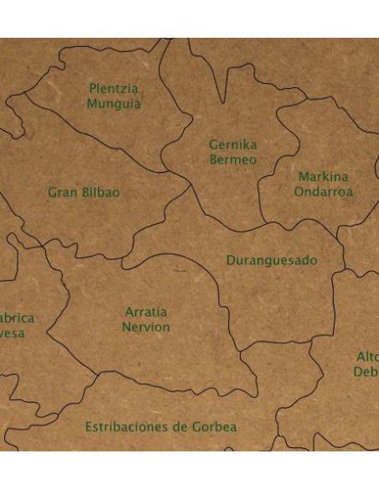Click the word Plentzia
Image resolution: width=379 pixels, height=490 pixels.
click(x=114, y=89)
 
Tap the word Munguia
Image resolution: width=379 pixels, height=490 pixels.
click(x=114, y=104)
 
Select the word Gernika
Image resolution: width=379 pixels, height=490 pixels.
click(x=233, y=145)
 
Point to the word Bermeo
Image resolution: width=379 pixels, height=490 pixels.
click(x=233, y=159)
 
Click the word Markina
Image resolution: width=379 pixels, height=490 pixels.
click(x=323, y=177)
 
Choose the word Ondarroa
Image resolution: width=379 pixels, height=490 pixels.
click(x=323, y=191)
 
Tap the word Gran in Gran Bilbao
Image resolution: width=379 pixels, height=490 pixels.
click(x=62, y=192)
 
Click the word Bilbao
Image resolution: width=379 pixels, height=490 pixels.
click(x=101, y=192)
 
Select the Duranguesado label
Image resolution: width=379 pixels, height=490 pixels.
click(x=272, y=261)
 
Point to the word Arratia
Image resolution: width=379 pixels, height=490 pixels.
click(x=146, y=312)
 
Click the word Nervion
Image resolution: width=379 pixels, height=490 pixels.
click(x=146, y=326)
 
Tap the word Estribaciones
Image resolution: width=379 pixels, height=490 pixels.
click(x=125, y=427)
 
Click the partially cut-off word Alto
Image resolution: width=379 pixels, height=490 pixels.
click(x=369, y=356)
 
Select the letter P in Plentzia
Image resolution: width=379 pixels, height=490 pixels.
click(x=93, y=89)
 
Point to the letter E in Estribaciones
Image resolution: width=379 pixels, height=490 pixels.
click(x=88, y=427)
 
